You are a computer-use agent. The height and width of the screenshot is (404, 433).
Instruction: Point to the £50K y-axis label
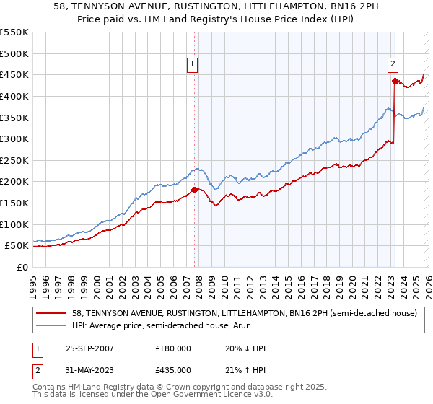17,246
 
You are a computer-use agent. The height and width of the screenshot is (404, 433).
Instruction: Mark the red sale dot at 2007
195,190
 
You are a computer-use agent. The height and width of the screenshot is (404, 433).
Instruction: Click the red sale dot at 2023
395,82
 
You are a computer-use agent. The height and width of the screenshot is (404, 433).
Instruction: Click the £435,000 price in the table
173,370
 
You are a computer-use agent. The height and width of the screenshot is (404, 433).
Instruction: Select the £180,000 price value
173,348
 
